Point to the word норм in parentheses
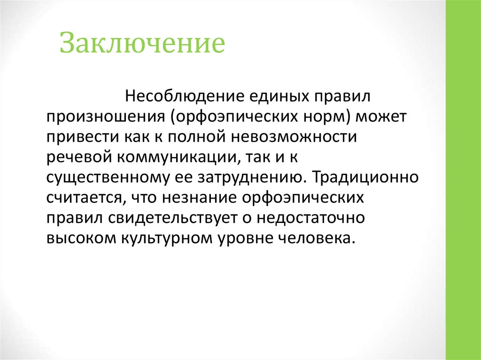[x=321, y=117]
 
